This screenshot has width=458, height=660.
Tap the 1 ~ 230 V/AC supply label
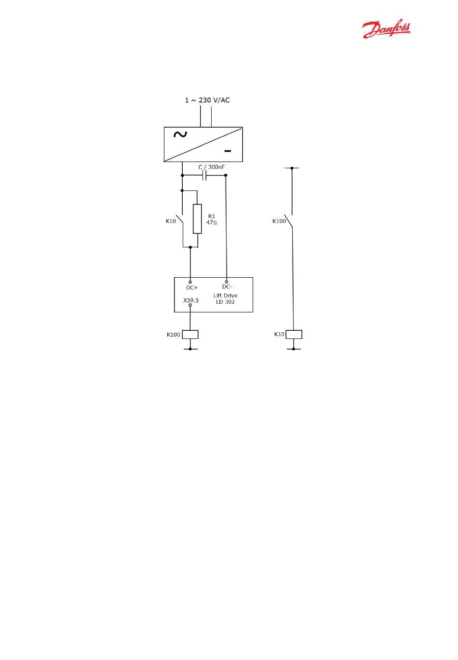[207, 100]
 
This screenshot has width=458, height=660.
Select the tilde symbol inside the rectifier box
[180, 135]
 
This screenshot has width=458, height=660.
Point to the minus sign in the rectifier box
[228, 151]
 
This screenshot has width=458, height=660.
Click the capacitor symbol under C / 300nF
[205, 175]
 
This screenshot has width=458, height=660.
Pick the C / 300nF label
[212, 167]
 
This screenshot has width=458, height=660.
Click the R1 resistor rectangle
[197, 219]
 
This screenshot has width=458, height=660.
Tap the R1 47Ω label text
[212, 220]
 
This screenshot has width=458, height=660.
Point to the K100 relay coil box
[190, 334]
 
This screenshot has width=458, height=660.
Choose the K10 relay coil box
[294, 334]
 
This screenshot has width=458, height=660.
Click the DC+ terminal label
[192, 288]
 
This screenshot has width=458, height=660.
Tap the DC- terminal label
[227, 287]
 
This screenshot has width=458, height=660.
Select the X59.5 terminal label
[191, 300]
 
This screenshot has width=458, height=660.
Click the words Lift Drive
[226, 296]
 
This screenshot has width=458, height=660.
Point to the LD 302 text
[226, 302]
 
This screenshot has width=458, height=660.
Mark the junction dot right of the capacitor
[226, 175]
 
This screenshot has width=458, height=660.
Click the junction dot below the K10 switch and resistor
[190, 247]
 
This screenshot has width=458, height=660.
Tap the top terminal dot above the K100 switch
[292, 168]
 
